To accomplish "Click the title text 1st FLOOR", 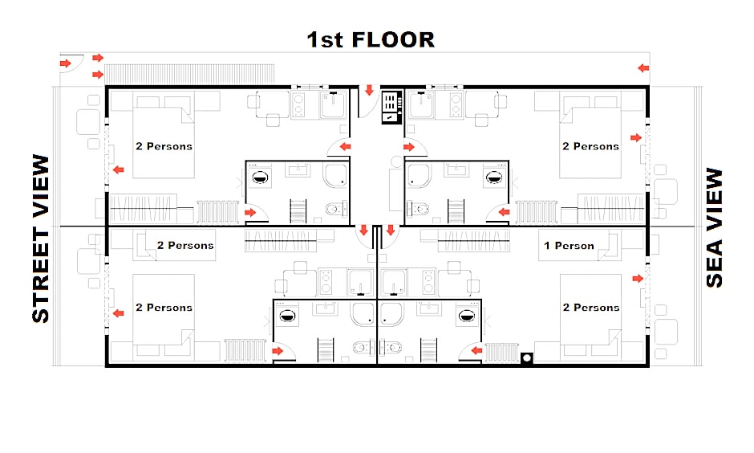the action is [x=371, y=40].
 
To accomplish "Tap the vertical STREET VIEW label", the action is [x=41, y=239].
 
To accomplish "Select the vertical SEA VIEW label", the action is [x=715, y=227].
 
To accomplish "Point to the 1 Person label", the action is [x=569, y=246].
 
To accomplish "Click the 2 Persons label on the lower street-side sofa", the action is [x=185, y=246].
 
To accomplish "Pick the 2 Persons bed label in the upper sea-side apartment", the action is [x=591, y=146].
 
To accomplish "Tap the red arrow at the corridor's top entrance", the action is [x=369, y=90].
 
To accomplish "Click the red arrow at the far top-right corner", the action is [x=643, y=68].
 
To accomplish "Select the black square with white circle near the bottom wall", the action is [x=527, y=357].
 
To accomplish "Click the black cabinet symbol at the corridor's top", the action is [x=391, y=107].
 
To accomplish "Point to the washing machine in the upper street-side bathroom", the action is [x=260, y=178].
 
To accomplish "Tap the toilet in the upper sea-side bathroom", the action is [x=418, y=210].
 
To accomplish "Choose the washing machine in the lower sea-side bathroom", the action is [x=467, y=316].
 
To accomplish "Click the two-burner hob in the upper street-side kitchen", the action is [x=298, y=105].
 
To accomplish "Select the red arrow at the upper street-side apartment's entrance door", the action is [x=345, y=147].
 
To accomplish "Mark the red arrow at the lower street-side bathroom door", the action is [x=278, y=351].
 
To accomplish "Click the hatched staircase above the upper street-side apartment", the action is [x=189, y=74].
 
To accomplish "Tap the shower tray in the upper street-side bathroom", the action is [x=335, y=176].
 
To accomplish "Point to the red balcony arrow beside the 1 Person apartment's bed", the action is [x=638, y=279].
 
